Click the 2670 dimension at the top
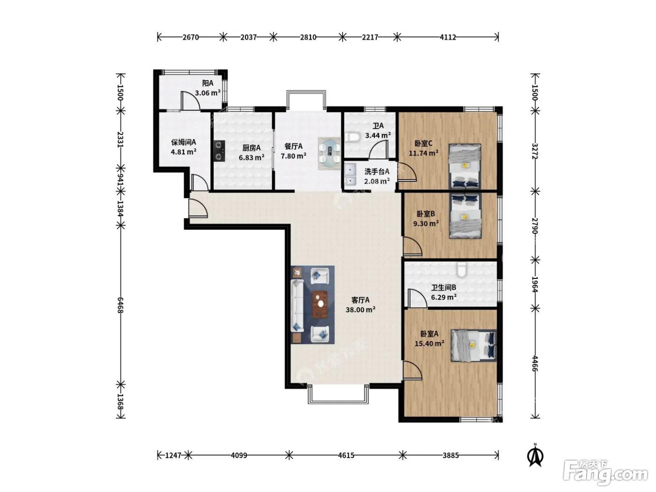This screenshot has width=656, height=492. [x=191, y=37]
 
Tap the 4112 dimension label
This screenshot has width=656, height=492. [x=448, y=37]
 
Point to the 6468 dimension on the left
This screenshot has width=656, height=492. [x=120, y=305]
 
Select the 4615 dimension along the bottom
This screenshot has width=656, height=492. [x=346, y=455]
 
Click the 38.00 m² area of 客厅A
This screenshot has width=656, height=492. [x=360, y=310]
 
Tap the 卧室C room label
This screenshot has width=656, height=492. [x=423, y=144]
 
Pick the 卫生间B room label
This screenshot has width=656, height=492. [x=444, y=288]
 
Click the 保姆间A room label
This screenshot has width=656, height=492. [x=184, y=142]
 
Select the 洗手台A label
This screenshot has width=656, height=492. [x=377, y=171]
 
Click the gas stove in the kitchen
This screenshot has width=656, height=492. [x=219, y=151]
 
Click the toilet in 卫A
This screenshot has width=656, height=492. [x=351, y=137]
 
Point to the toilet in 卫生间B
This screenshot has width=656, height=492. [x=462, y=269]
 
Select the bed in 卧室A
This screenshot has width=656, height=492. [x=474, y=346]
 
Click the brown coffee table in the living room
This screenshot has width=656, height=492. [x=320, y=305]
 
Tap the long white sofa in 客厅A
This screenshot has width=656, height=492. [x=297, y=306]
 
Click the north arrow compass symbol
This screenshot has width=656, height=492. [x=536, y=456]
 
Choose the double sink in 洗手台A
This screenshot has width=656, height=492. [x=350, y=174]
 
